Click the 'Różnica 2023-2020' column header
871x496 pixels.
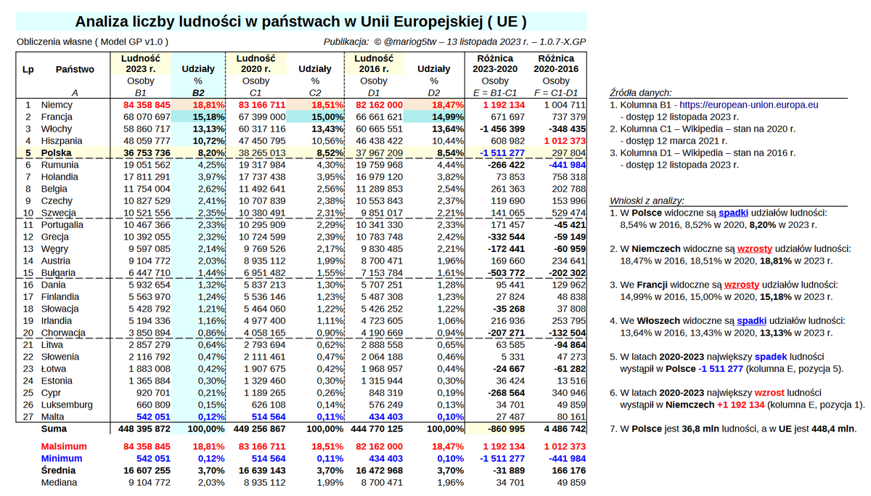coord(495,64)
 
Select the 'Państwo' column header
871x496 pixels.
coord(75,70)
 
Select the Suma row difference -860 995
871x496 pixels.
coord(500,428)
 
